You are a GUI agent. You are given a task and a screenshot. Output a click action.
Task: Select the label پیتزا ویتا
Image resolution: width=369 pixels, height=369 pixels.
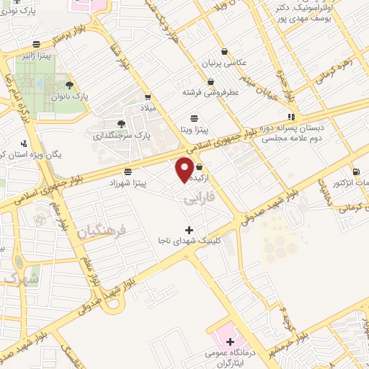tap(194, 130)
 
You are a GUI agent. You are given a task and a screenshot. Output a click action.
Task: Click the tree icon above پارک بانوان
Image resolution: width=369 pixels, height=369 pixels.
tap(69, 84)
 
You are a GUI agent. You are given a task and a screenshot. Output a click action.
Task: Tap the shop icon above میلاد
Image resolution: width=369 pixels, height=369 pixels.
tap(148, 97)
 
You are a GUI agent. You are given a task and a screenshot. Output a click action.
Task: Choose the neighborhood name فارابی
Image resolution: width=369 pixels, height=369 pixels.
tap(195, 197)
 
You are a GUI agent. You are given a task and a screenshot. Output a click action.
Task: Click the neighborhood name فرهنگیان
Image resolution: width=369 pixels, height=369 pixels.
tap(100, 232)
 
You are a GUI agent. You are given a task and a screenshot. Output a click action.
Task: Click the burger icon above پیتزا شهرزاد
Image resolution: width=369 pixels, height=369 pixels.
tap(128, 172)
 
